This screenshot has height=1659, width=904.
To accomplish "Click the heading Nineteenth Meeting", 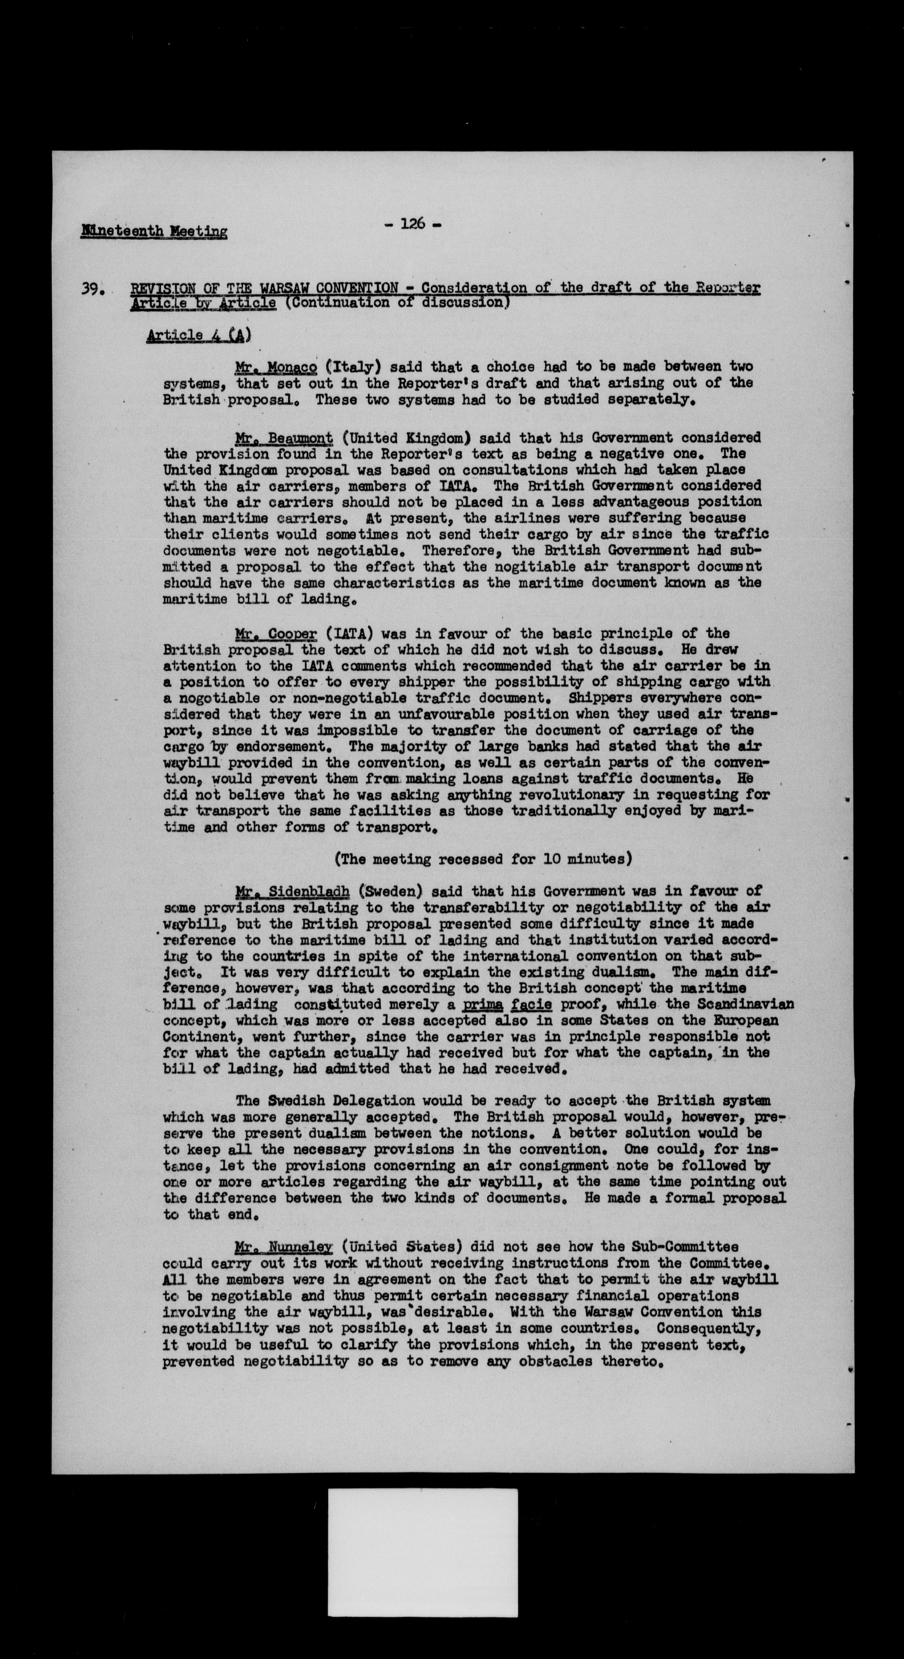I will point(154,231).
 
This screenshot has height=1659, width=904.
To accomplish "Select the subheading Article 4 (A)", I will point(199,335).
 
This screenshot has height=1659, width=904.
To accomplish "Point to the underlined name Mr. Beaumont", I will point(284,438).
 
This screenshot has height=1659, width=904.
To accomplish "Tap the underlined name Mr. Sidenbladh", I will point(292,891).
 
